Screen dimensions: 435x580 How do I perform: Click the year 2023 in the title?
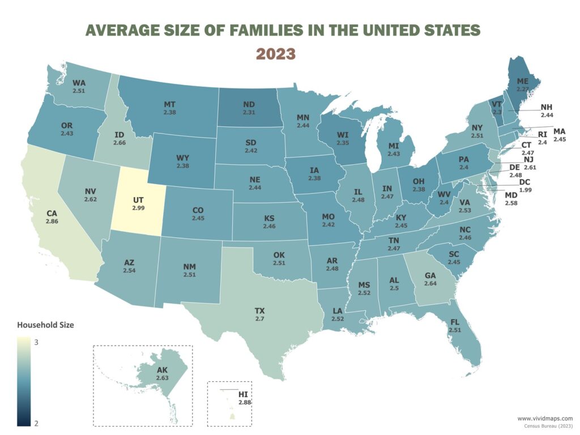pos(275,54)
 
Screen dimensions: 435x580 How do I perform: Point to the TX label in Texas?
pos(260,311)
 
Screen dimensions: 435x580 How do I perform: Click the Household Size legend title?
pos(45,325)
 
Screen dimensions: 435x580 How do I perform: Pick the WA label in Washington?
pos(79,83)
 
